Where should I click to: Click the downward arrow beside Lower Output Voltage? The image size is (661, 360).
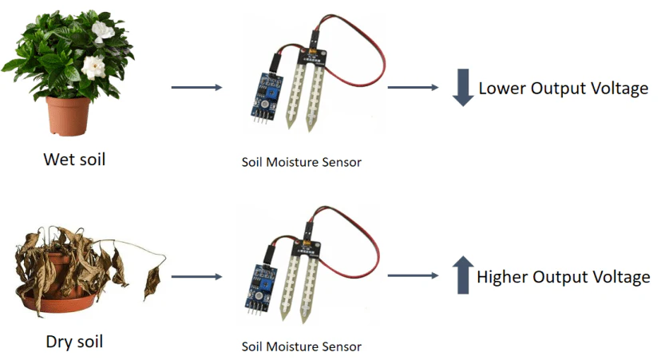[463, 89]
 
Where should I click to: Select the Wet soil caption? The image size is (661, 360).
[74, 160]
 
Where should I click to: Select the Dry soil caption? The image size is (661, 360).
[73, 342]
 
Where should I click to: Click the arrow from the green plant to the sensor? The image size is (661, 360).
[196, 86]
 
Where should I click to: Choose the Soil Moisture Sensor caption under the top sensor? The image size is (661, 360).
[302, 163]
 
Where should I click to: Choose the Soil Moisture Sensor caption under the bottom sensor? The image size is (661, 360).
[302, 347]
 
